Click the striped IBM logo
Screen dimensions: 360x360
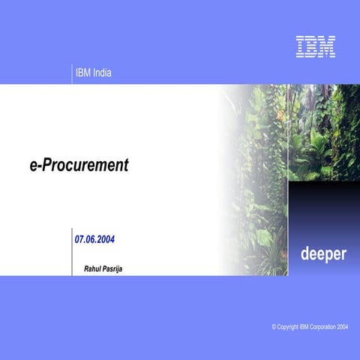[315, 47]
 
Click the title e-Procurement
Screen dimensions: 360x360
[79, 166]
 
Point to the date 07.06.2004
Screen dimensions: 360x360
[94, 240]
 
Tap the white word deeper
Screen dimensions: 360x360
[323, 253]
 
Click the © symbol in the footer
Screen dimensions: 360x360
[274, 328]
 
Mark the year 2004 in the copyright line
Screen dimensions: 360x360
[343, 328]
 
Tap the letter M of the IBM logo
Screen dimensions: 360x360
[326, 47]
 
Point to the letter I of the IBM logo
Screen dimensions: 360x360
[300, 47]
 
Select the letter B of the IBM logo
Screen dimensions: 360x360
[310, 47]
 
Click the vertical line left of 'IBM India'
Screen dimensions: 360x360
[72, 73]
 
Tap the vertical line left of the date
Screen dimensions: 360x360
[72, 251]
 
